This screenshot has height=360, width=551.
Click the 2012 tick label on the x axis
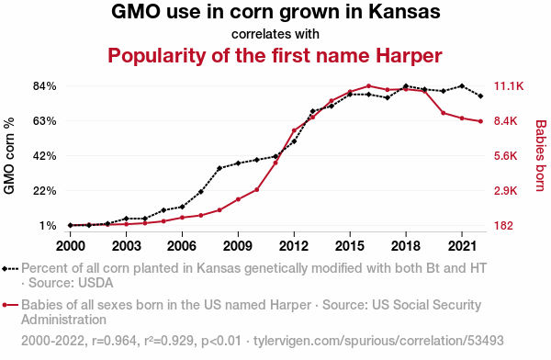click(x=294, y=246)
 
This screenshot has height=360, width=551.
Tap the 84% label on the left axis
click(x=45, y=86)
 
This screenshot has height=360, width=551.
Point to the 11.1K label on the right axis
click(x=509, y=86)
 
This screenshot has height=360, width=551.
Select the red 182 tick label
click(x=503, y=225)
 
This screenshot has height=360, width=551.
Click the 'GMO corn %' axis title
click(x=9, y=156)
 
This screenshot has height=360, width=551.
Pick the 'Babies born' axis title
click(x=541, y=156)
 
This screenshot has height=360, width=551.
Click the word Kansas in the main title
click(x=404, y=12)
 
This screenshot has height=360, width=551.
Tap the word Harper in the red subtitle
click(x=409, y=55)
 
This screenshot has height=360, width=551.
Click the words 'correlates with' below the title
click(x=275, y=34)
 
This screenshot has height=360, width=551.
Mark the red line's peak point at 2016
click(x=368, y=85)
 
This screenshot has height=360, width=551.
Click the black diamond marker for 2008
click(x=219, y=168)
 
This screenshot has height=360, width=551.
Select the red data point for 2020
click(x=444, y=113)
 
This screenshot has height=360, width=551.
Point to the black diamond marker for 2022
click(x=480, y=96)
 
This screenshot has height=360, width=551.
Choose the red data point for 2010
click(x=257, y=190)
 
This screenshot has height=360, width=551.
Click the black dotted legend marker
click(x=10, y=269)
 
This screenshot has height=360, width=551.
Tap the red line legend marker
click(x=10, y=305)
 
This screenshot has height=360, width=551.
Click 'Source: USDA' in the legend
click(x=71, y=283)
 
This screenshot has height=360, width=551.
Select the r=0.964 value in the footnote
click(x=114, y=341)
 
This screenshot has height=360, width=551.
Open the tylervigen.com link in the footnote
click(x=378, y=341)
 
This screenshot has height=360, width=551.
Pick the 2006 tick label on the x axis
click(x=182, y=246)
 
